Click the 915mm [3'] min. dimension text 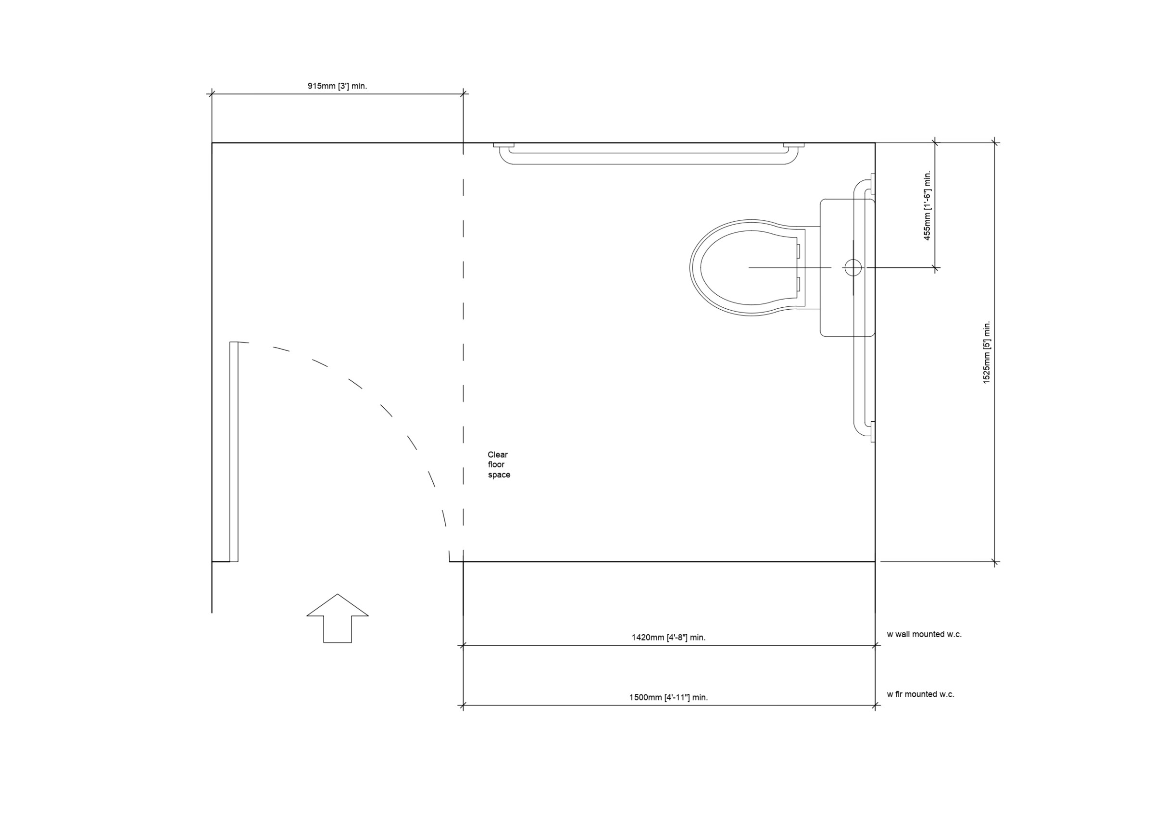[337, 86]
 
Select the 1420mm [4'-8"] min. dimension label [668, 638]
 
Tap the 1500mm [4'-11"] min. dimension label [668, 697]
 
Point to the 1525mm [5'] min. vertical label [987, 352]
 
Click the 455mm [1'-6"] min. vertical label [928, 205]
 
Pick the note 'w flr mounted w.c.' [920, 694]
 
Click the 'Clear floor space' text [499, 464]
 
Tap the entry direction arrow [337, 618]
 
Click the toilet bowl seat [696, 267]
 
